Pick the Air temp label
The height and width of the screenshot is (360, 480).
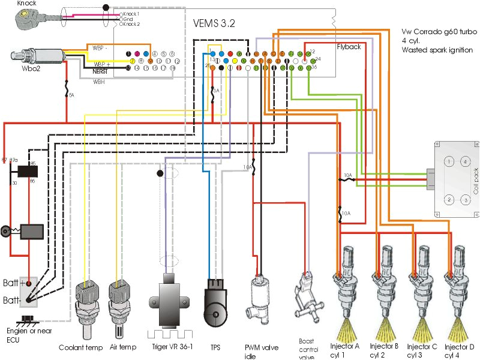click(x=122, y=347)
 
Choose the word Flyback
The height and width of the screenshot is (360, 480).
click(x=349, y=47)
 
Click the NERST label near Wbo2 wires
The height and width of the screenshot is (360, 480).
click(x=92, y=71)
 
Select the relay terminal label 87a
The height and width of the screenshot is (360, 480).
click(x=14, y=161)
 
